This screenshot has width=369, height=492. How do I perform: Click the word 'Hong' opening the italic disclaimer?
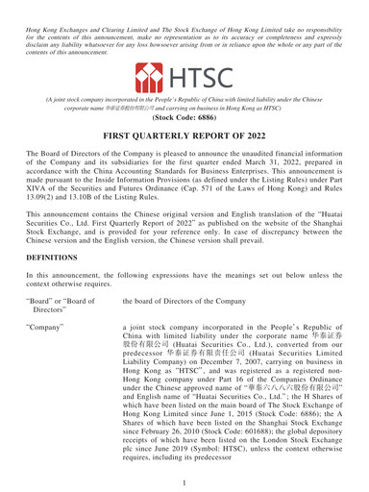(15, 7)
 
